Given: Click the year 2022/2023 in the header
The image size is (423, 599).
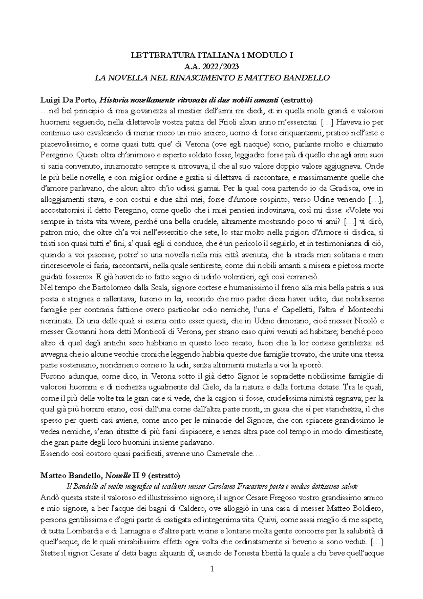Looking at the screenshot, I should click(221, 66).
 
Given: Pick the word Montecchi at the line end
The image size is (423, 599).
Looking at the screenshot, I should click(367, 310).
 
